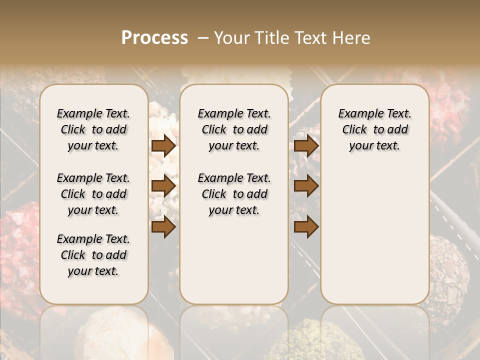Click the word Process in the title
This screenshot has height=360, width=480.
click(154, 38)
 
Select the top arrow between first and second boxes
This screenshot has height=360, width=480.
click(163, 145)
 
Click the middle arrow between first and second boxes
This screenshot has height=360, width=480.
click(163, 186)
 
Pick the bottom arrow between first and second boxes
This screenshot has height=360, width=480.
click(163, 227)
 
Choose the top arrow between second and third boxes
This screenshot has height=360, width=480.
click(306, 145)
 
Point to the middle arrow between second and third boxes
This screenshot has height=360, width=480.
click(306, 186)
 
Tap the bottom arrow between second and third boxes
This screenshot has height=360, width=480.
click(306, 227)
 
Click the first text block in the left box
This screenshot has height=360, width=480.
click(93, 129)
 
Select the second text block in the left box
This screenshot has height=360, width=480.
click(93, 194)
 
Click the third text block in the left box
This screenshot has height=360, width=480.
click(93, 255)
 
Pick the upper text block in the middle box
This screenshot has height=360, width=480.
click(234, 129)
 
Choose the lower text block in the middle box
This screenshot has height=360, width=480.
click(234, 194)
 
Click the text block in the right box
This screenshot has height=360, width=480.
click(374, 129)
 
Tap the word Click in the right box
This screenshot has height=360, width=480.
click(354, 130)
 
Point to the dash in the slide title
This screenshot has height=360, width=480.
click(203, 38)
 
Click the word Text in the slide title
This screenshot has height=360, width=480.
click(311, 38)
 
